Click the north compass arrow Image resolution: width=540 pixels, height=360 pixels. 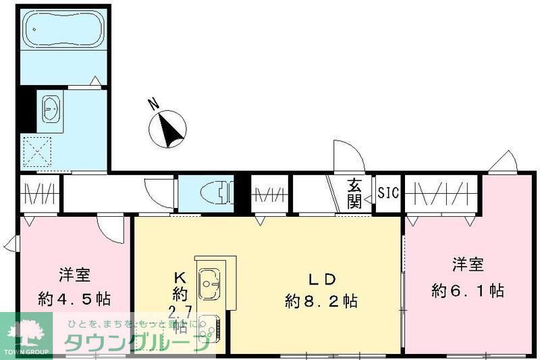[171, 128]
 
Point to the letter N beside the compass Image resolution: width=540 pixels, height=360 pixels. [154, 105]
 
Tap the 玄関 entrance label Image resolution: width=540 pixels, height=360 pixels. [355, 192]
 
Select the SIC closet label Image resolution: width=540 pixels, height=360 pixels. [388, 193]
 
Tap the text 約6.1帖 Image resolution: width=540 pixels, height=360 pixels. [468, 291]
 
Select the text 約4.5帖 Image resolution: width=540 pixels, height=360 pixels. [75, 298]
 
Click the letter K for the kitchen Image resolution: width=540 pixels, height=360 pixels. [180, 277]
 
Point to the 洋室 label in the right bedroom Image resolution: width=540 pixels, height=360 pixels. [468, 263]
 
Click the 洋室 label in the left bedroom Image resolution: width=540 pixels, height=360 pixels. [75, 275]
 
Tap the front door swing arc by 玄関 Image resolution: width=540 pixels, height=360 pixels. [348, 155]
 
